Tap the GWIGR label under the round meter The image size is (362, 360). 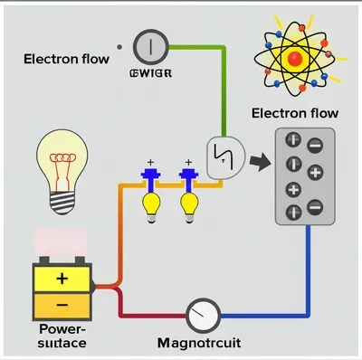coord(151,73)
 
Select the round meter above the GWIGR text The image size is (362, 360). coord(149,45)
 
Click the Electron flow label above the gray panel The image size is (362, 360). coord(294,114)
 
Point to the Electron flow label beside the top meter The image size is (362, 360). coord(67,60)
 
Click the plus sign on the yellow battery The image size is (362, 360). coord(61,278)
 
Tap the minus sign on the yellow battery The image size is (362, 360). coord(61,305)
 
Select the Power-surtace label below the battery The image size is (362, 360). coord(62,336)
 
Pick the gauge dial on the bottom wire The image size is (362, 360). coord(204,316)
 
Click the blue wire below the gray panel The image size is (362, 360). coord(308,271)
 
